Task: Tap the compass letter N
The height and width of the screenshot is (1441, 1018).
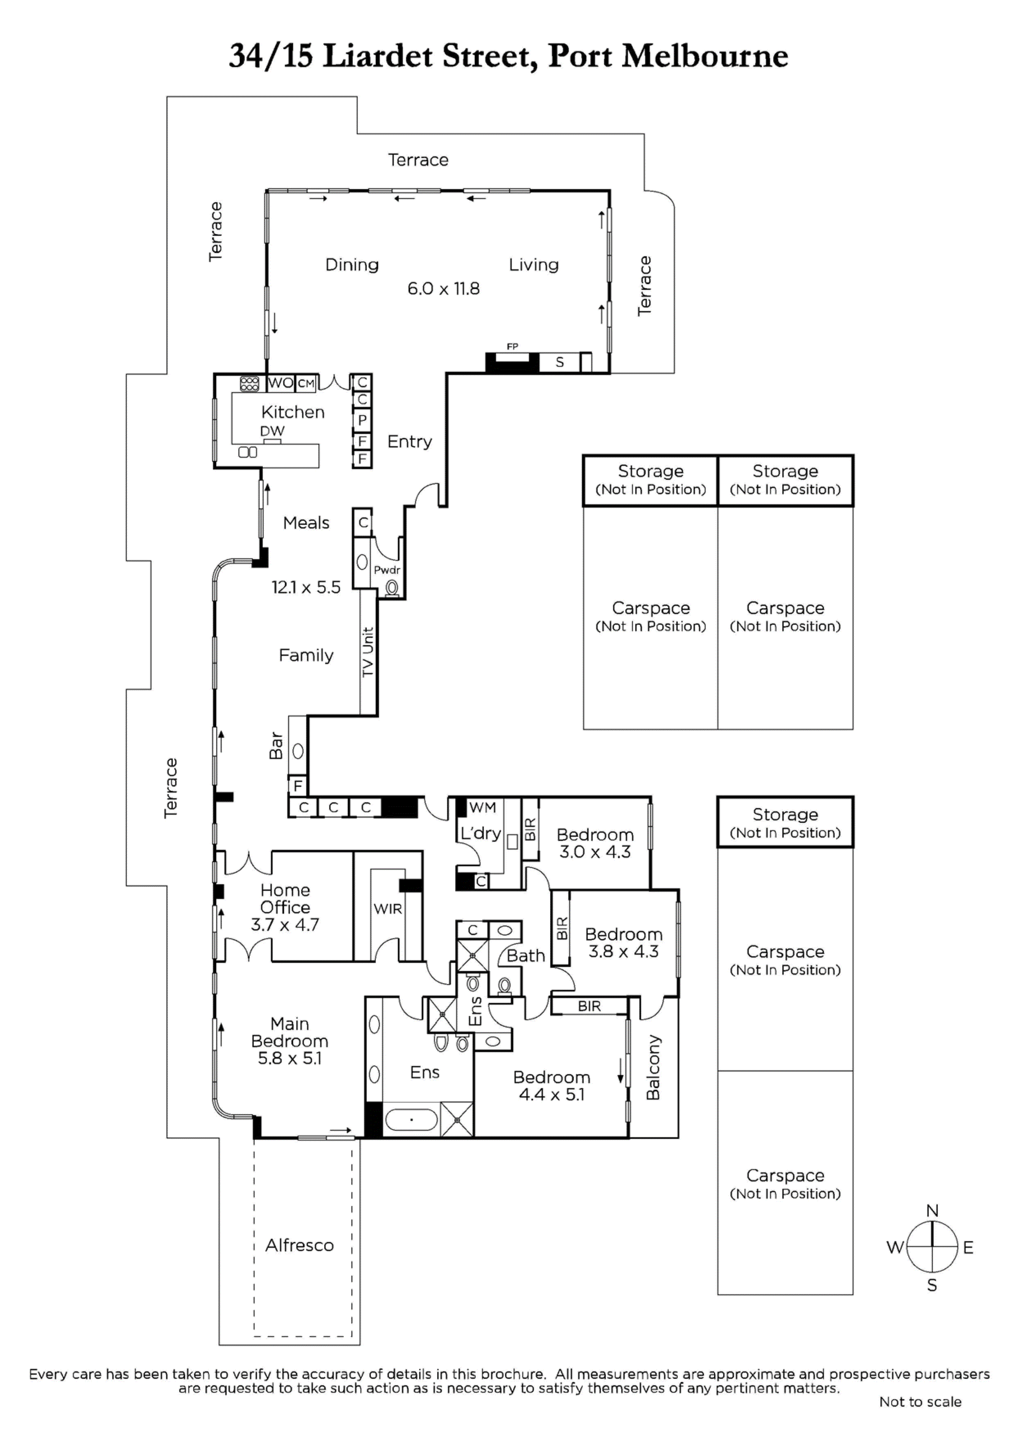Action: [932, 1210]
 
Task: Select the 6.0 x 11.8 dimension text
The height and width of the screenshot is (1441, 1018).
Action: [444, 289]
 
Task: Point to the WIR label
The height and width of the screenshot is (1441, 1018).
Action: [388, 909]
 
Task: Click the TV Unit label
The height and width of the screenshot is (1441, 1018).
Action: [368, 652]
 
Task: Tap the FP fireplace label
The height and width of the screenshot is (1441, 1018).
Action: [513, 346]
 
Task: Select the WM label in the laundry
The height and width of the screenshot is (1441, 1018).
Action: [483, 807]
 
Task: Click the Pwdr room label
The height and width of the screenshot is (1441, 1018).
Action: [387, 570]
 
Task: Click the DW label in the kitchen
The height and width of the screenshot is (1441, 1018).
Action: [272, 431]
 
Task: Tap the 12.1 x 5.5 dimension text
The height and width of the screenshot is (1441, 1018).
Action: [306, 587]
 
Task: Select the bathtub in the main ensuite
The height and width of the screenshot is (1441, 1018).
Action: [411, 1120]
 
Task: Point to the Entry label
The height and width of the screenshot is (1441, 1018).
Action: [410, 442]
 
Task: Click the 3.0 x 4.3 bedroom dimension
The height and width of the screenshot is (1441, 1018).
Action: [595, 851]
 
